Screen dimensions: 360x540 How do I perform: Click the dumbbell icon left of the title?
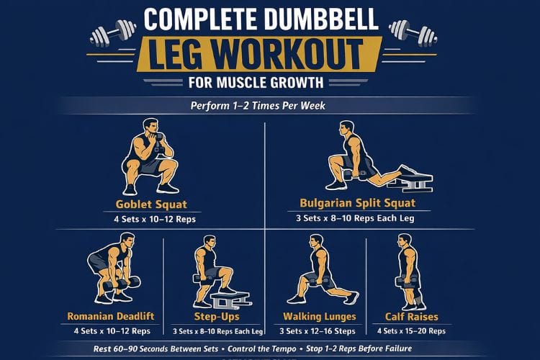(113, 32)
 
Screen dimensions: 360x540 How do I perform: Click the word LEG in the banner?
(186, 53)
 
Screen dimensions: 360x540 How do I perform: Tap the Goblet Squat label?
(152, 204)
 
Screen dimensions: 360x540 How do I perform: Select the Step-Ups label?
(217, 316)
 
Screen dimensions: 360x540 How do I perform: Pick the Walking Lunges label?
(319, 316)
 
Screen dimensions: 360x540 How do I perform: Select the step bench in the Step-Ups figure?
(230, 297)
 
